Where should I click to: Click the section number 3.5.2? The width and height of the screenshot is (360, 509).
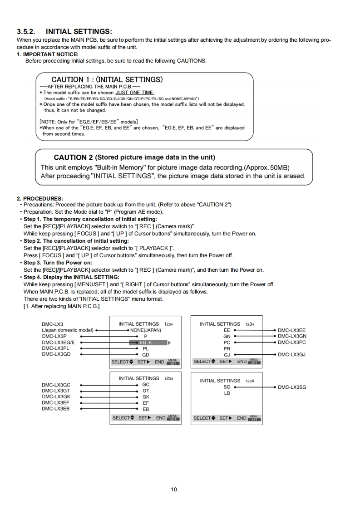click(27, 32)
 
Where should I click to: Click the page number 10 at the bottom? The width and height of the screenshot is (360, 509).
click(174, 489)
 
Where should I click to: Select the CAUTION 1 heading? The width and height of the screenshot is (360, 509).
click(107, 80)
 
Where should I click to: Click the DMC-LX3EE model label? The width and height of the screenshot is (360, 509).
click(291, 330)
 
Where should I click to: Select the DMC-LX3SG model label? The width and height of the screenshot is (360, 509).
click(291, 387)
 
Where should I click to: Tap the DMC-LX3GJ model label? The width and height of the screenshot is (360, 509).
click(291, 355)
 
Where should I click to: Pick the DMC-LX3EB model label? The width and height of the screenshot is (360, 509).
click(55, 408)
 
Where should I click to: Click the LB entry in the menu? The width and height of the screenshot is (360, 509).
click(227, 393)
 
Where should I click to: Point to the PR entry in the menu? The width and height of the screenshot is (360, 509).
click(227, 349)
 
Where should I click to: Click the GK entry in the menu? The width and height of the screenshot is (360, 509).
click(146, 396)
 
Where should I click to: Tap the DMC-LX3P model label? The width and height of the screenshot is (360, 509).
click(54, 336)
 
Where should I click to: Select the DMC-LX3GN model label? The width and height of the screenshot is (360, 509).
click(291, 336)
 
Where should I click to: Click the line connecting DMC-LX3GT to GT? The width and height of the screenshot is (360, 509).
click(109, 391)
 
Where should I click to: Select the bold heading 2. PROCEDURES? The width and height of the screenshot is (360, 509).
click(40, 199)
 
